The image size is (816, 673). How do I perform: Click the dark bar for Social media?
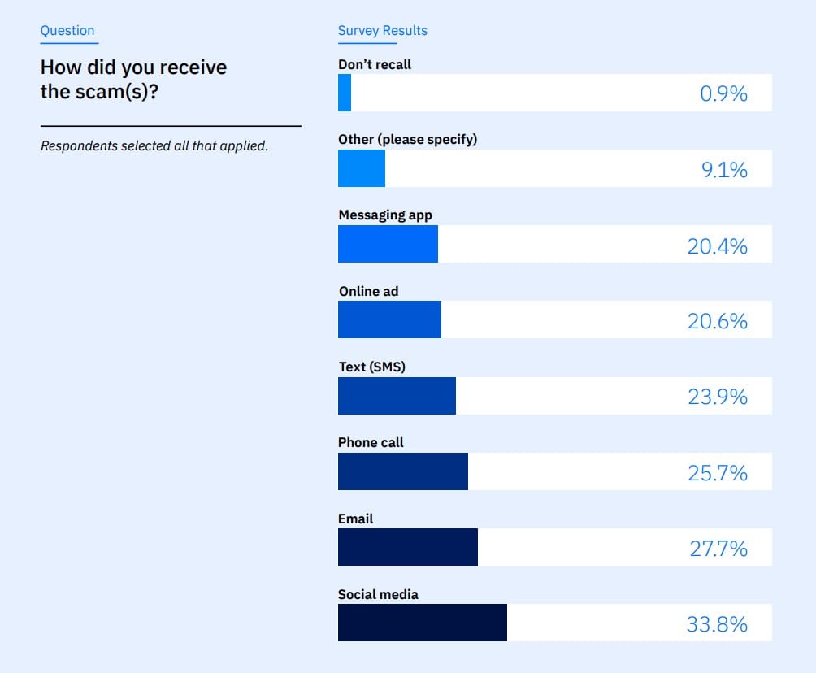tap(422, 623)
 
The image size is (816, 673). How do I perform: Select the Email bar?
tap(407, 547)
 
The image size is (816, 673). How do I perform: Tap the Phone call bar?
tap(402, 471)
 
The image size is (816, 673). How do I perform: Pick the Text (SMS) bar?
tap(397, 396)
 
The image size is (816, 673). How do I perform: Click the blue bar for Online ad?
tap(389, 319)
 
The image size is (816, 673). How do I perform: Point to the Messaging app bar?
tap(388, 244)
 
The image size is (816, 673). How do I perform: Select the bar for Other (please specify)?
tap(362, 168)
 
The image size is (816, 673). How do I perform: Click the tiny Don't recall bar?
tap(345, 93)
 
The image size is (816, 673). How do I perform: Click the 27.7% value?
tap(718, 549)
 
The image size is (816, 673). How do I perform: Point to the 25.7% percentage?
tap(718, 473)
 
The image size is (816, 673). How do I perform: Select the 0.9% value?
tap(723, 93)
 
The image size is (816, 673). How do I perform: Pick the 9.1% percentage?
tap(725, 170)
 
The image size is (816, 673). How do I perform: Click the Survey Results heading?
tap(382, 31)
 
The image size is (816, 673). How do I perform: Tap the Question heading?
tap(67, 31)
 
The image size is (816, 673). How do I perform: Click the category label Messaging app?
tap(385, 215)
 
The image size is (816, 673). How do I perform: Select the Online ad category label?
tap(368, 291)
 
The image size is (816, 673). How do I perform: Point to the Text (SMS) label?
tap(371, 367)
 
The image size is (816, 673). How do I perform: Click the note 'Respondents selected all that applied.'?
tap(154, 147)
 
